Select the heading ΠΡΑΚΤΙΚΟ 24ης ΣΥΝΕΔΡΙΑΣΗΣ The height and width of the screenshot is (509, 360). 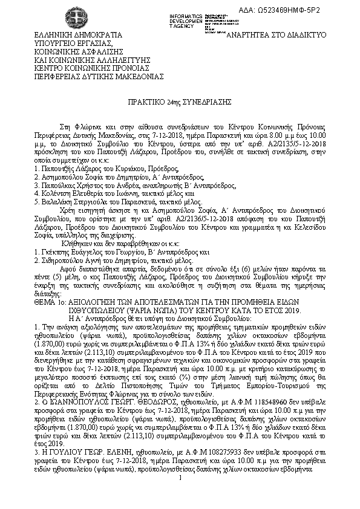click(x=179, y=103)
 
